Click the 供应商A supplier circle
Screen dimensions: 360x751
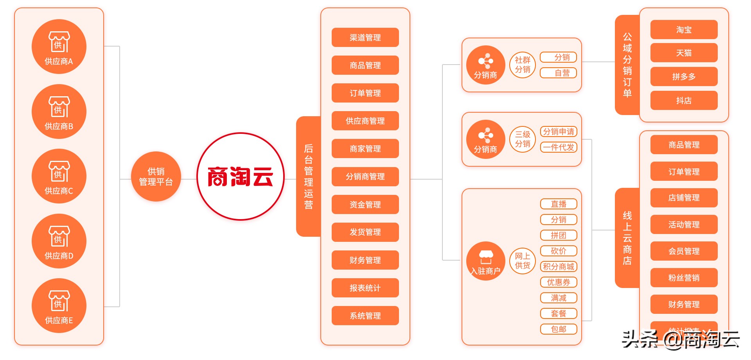(x=59, y=47)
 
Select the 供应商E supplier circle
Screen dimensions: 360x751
(x=59, y=306)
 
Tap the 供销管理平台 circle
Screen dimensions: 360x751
(x=156, y=176)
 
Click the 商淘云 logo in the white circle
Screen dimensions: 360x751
(x=240, y=176)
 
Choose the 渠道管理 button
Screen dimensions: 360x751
(x=365, y=38)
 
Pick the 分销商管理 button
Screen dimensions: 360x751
(x=365, y=176)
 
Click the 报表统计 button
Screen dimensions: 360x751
(x=365, y=288)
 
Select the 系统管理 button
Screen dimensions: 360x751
(x=365, y=316)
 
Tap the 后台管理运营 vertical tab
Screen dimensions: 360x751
(x=308, y=176)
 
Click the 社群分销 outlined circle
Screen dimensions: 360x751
(x=522, y=65)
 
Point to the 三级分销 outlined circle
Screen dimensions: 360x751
(x=522, y=139)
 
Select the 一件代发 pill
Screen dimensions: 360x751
(x=559, y=148)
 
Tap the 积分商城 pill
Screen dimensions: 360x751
(x=559, y=266)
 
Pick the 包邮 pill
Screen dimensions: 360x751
(x=559, y=329)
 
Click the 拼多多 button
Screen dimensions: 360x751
(x=684, y=77)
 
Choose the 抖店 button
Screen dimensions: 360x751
(x=684, y=101)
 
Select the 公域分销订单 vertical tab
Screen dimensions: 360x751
(x=627, y=65)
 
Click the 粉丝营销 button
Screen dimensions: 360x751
(x=684, y=278)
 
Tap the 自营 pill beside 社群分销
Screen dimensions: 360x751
(x=559, y=73)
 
